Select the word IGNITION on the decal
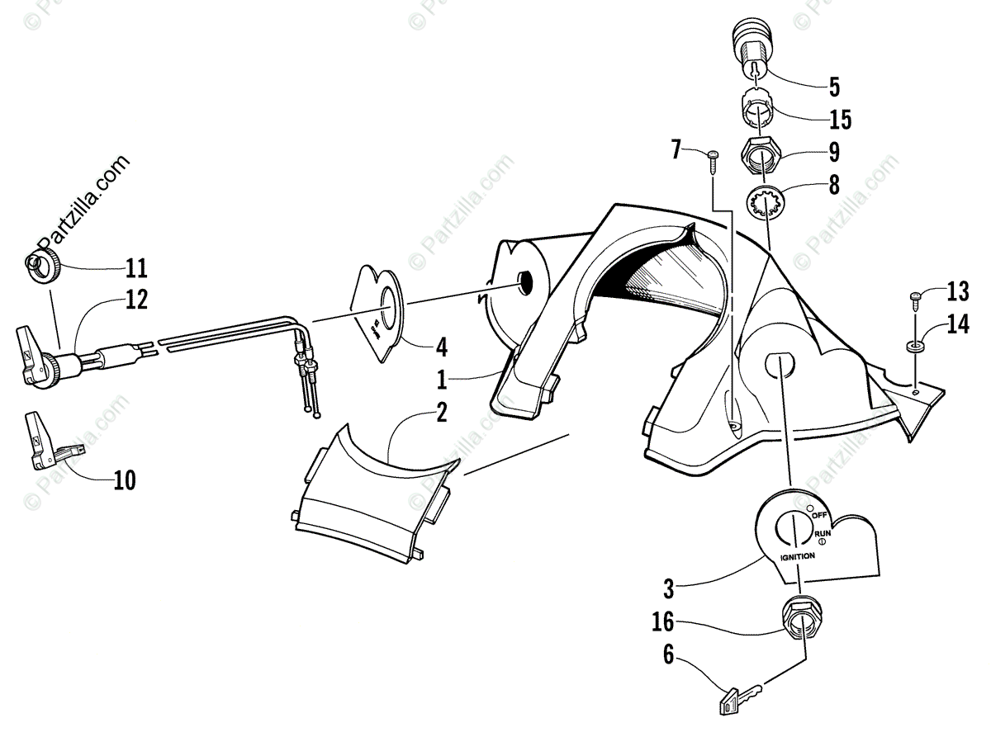(x=799, y=555)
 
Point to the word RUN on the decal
(x=823, y=535)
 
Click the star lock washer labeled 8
(x=768, y=203)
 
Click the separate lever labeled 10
(x=45, y=439)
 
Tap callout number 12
(x=136, y=301)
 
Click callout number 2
(x=442, y=413)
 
